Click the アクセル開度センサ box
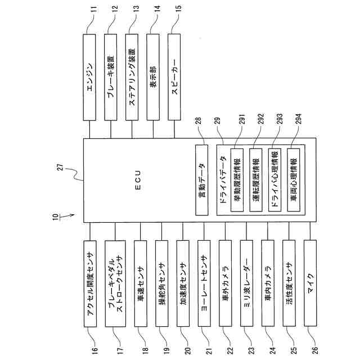pyautogui.click(x=90, y=285)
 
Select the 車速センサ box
pyautogui.click(x=141, y=285)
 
